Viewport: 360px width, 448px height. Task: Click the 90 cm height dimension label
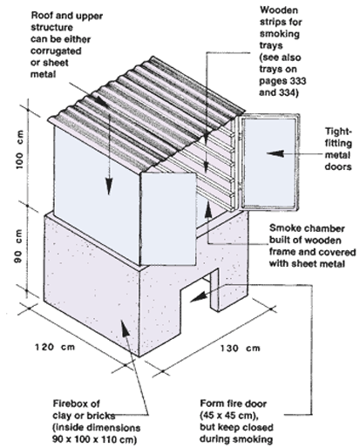pos(18,247)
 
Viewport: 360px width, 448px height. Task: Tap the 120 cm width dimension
pos(55,347)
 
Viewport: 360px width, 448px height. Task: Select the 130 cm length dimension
pos(240,348)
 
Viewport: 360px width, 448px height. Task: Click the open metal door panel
pos(268,162)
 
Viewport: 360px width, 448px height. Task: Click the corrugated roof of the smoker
pos(146,115)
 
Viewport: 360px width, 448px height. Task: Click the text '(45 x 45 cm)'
pos(229,416)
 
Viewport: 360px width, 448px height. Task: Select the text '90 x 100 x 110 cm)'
pos(94,439)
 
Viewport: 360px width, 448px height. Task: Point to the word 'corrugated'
pos(56,51)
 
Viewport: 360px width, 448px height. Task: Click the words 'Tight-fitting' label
pos(338,137)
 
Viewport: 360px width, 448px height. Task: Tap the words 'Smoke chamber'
pos(307,228)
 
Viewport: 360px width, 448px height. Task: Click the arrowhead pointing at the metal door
pos(275,153)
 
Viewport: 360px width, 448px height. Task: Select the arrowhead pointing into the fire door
pos(199,297)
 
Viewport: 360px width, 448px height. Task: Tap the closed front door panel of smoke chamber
pos(167,219)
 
